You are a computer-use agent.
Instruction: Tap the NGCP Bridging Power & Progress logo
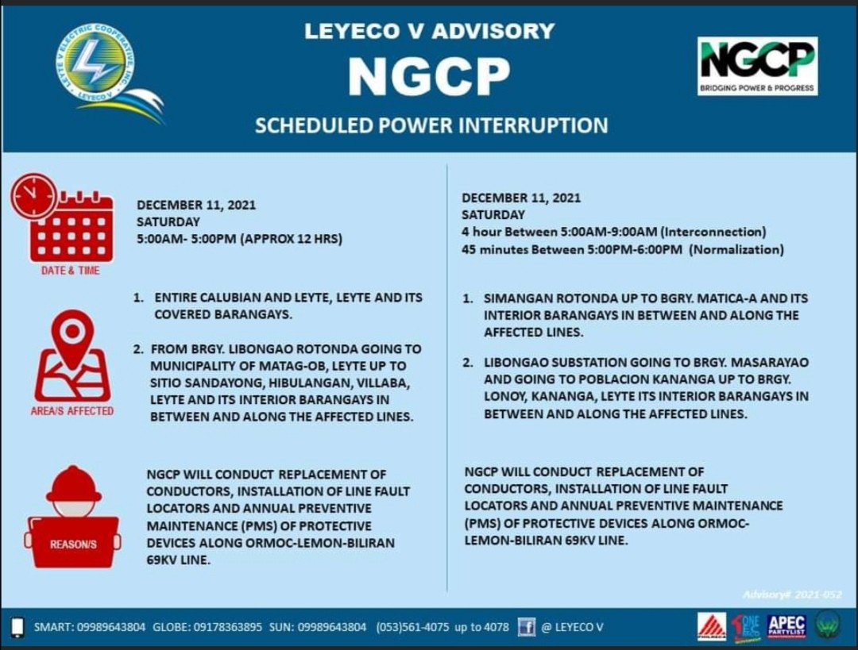click(757, 66)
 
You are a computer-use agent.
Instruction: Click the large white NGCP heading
click(429, 76)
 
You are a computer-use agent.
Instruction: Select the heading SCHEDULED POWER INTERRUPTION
click(431, 125)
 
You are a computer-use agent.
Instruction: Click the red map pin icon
click(73, 356)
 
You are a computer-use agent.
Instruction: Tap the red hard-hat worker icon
click(73, 516)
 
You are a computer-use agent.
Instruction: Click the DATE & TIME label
click(71, 271)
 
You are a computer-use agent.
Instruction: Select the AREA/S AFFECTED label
click(72, 411)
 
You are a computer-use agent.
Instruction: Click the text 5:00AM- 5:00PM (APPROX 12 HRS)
click(239, 239)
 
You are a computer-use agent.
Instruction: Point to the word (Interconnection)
click(713, 232)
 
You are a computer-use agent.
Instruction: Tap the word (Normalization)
click(736, 249)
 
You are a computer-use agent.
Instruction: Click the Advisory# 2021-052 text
click(792, 594)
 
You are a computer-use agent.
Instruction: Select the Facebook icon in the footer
click(527, 626)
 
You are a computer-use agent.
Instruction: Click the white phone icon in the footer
click(17, 627)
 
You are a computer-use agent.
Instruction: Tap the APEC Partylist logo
click(786, 626)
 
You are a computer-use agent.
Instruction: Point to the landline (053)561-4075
click(412, 627)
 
